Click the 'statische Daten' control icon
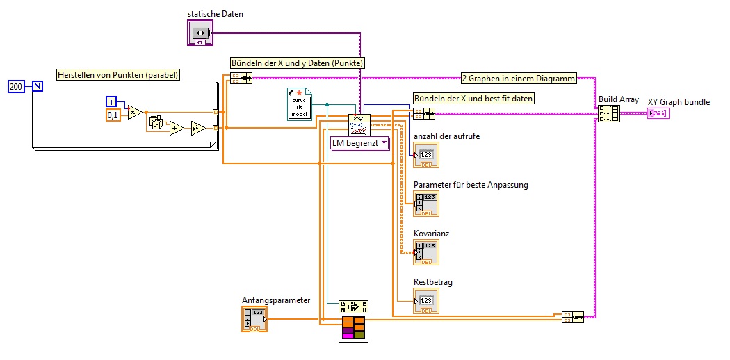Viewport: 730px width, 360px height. pos(200,32)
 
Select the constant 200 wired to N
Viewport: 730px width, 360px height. pos(16,86)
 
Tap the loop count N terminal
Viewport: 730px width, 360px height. pos(38,86)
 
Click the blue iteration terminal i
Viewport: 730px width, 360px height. pos(111,101)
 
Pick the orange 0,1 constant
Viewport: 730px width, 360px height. pos(113,114)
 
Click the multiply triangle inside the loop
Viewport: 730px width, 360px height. pos(135,112)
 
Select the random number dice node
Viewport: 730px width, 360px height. pos(156,123)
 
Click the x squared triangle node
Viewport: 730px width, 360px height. pos(198,128)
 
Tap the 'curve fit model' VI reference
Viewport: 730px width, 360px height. pos(300,104)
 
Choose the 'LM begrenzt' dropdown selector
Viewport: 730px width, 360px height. pos(359,143)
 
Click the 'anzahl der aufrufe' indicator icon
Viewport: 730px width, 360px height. pos(425,155)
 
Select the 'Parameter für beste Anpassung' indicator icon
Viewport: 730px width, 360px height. pos(425,203)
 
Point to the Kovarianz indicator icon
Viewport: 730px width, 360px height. pos(425,252)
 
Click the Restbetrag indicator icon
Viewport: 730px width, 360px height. pos(425,300)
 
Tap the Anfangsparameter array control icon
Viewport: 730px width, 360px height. pos(254,318)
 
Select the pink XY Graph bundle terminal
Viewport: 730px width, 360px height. pos(658,113)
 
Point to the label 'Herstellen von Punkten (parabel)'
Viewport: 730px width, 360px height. pos(117,75)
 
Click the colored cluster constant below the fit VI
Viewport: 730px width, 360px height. pos(353,327)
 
